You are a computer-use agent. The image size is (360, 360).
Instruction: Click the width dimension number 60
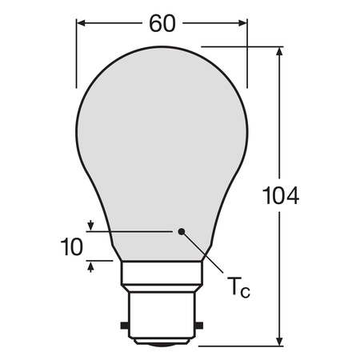(x=162, y=23)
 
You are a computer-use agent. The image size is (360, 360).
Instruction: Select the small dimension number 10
(x=71, y=246)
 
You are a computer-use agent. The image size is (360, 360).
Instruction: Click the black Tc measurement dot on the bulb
(x=183, y=232)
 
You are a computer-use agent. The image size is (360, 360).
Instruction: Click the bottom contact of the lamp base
(x=164, y=344)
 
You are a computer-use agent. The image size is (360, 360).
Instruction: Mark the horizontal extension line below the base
(x=240, y=346)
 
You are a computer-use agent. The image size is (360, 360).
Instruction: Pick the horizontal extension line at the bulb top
(x=240, y=47)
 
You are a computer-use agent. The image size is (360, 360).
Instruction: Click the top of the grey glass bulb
(x=164, y=50)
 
